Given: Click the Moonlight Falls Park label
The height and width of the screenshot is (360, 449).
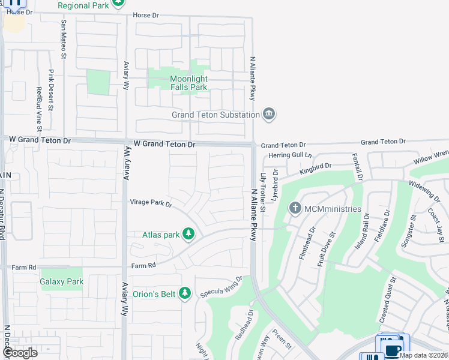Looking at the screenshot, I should (x=188, y=83).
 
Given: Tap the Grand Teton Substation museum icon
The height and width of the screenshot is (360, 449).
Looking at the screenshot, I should (x=269, y=115).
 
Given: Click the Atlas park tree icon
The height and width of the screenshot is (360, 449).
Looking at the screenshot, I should (x=188, y=235).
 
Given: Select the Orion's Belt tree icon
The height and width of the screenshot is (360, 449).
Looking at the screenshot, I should (x=185, y=293).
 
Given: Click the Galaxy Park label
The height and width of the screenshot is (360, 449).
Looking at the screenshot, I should (x=61, y=281).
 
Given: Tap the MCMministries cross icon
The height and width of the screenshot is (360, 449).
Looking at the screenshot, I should (x=295, y=209).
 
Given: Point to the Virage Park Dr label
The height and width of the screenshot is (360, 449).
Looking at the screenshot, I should (x=151, y=204).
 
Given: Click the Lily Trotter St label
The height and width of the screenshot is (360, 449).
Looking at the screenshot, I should (x=263, y=192).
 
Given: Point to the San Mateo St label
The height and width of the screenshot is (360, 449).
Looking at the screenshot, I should (x=62, y=40).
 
